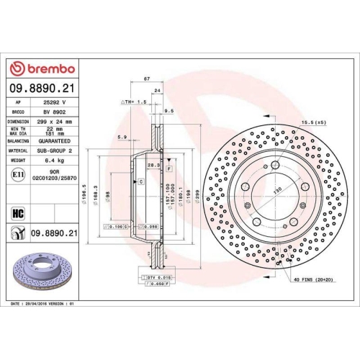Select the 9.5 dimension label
[x=170, y=112]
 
